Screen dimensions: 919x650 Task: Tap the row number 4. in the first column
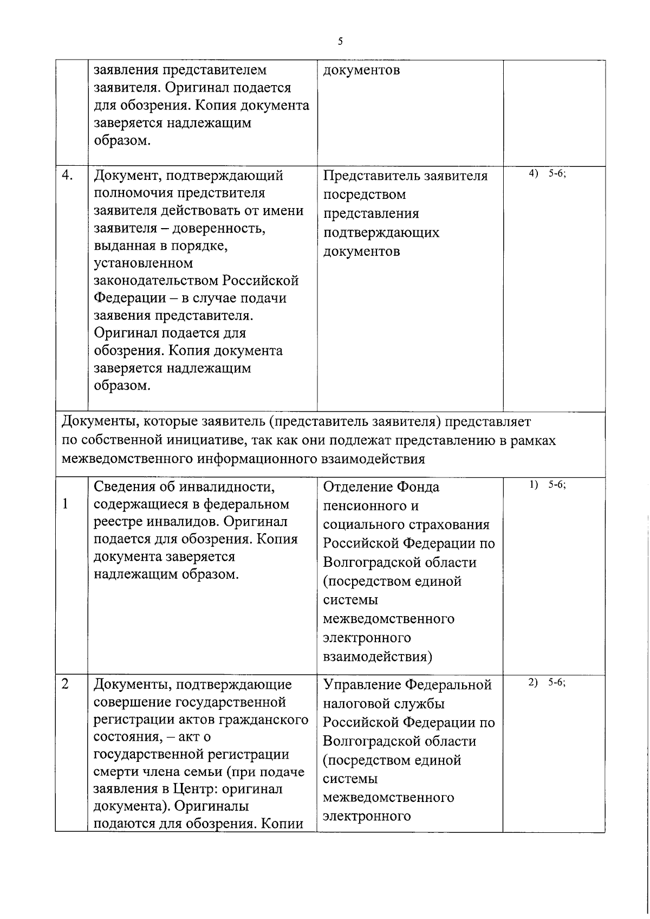click(x=68, y=176)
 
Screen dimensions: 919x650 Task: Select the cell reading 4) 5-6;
click(x=547, y=173)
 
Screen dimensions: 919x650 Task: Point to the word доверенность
click(x=220, y=228)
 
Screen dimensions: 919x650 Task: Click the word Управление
click(x=362, y=685)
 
